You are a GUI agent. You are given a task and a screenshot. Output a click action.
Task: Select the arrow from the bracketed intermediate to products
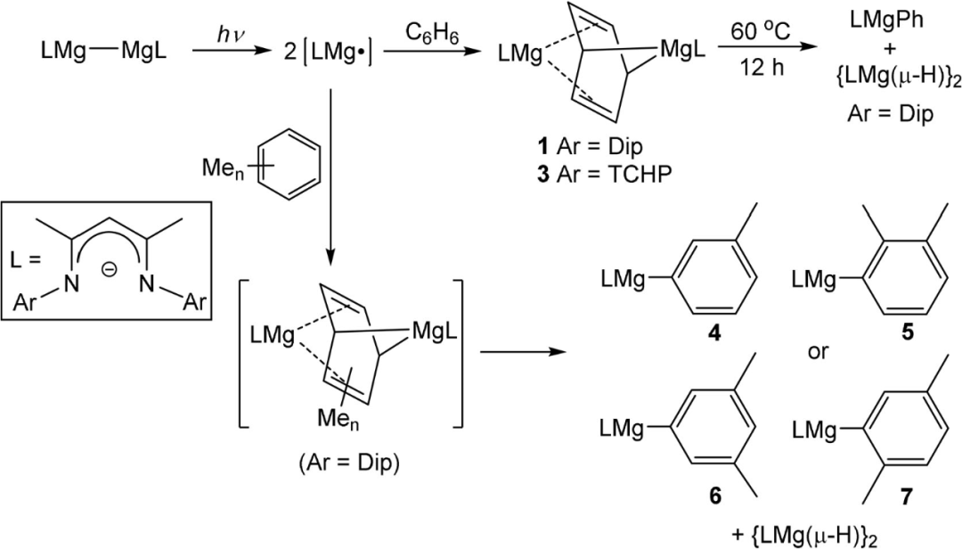click(524, 352)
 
